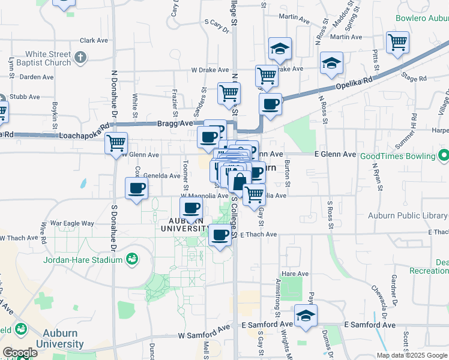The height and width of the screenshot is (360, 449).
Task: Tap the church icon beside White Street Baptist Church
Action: click(81, 58)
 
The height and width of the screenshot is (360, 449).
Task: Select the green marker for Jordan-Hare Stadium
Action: click(131, 260)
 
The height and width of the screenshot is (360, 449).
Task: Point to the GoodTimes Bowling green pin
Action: click(444, 156)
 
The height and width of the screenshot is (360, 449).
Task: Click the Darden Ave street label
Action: click(34, 77)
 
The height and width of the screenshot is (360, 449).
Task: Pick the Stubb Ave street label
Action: click(25, 97)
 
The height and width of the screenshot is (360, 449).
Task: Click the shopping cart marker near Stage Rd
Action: click(397, 43)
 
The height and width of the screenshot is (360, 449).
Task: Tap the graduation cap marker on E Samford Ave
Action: click(306, 316)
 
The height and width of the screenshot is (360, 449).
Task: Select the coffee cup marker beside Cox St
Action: click(136, 188)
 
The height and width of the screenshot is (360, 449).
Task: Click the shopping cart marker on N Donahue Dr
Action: click(116, 143)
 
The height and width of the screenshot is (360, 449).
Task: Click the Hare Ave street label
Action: click(295, 274)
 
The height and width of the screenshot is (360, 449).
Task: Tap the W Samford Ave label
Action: click(204, 334)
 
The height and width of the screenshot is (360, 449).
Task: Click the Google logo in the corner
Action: click(20, 353)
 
